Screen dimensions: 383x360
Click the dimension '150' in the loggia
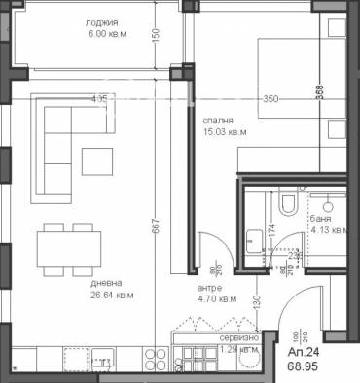point(155,34)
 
